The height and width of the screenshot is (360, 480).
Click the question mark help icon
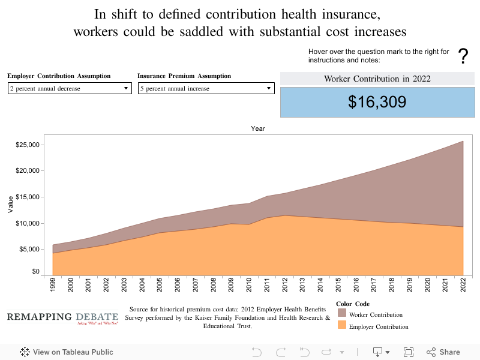(463, 56)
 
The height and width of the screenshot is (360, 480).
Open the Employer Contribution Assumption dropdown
(69, 88)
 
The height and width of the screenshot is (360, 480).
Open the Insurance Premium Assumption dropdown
(206, 88)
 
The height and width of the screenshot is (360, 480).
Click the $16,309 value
(377, 102)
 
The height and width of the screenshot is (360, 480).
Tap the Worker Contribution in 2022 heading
(377, 79)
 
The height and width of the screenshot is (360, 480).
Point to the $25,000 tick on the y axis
(28, 145)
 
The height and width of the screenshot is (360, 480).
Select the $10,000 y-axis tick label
(28, 223)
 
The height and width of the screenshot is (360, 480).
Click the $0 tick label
(36, 272)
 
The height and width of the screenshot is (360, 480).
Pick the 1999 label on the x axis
(54, 284)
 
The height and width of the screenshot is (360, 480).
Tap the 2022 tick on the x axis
(463, 284)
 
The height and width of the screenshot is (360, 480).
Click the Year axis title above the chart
(258, 128)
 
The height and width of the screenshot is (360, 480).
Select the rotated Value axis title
(10, 205)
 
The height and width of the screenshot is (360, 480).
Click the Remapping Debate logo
(63, 318)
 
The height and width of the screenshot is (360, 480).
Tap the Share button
(443, 352)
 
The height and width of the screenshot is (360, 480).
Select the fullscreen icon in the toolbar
(409, 352)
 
